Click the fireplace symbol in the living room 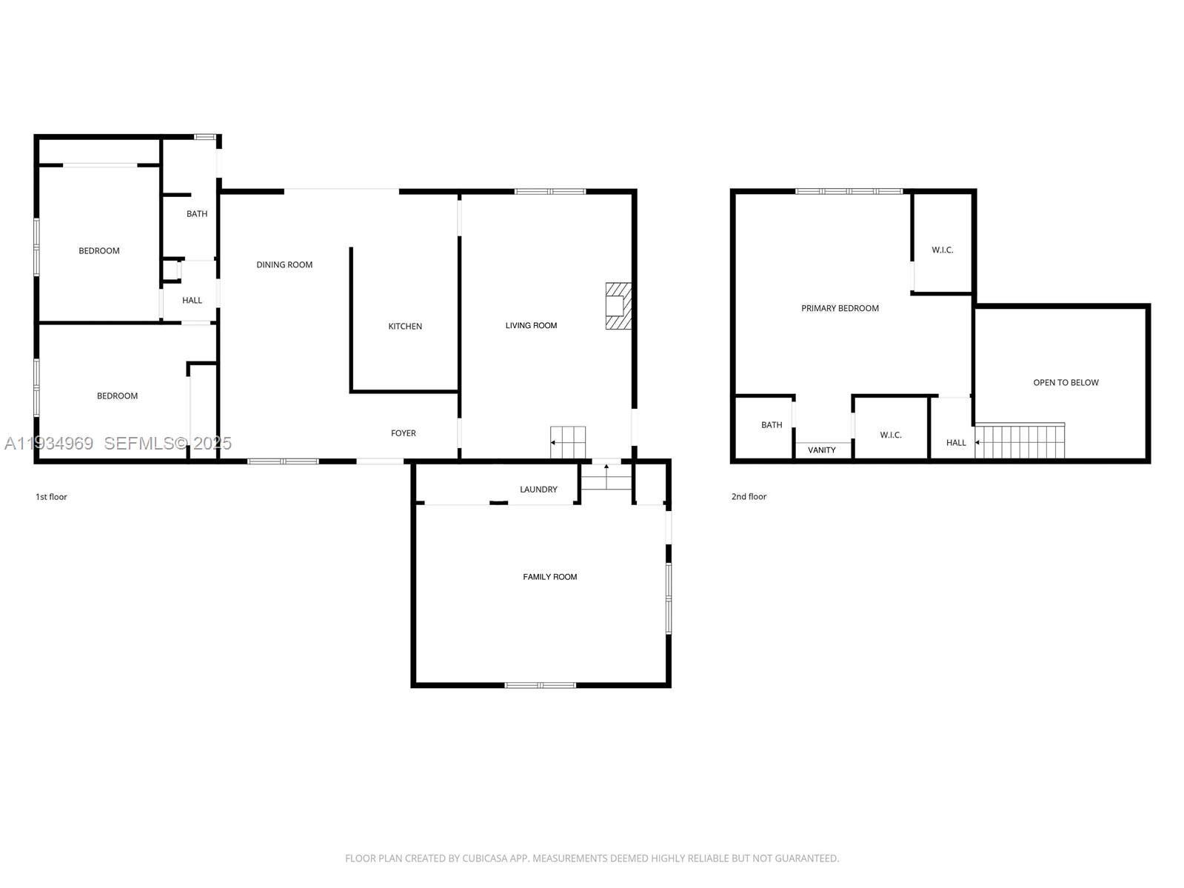(x=618, y=306)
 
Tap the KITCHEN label (x=405, y=327)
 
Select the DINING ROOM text (x=284, y=265)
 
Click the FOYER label (x=404, y=433)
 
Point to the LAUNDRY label (x=538, y=490)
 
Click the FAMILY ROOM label (x=549, y=577)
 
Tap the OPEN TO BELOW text (x=1066, y=383)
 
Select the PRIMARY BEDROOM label (x=840, y=309)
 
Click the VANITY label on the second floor (x=821, y=450)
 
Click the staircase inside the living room (x=568, y=442)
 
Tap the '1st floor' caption (x=51, y=497)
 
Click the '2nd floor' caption (x=749, y=497)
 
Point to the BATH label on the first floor (x=197, y=214)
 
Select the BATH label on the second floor (x=772, y=425)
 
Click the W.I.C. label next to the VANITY (x=891, y=435)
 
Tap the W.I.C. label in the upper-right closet (x=942, y=250)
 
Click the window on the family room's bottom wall (x=540, y=685)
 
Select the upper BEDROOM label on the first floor (x=99, y=251)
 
